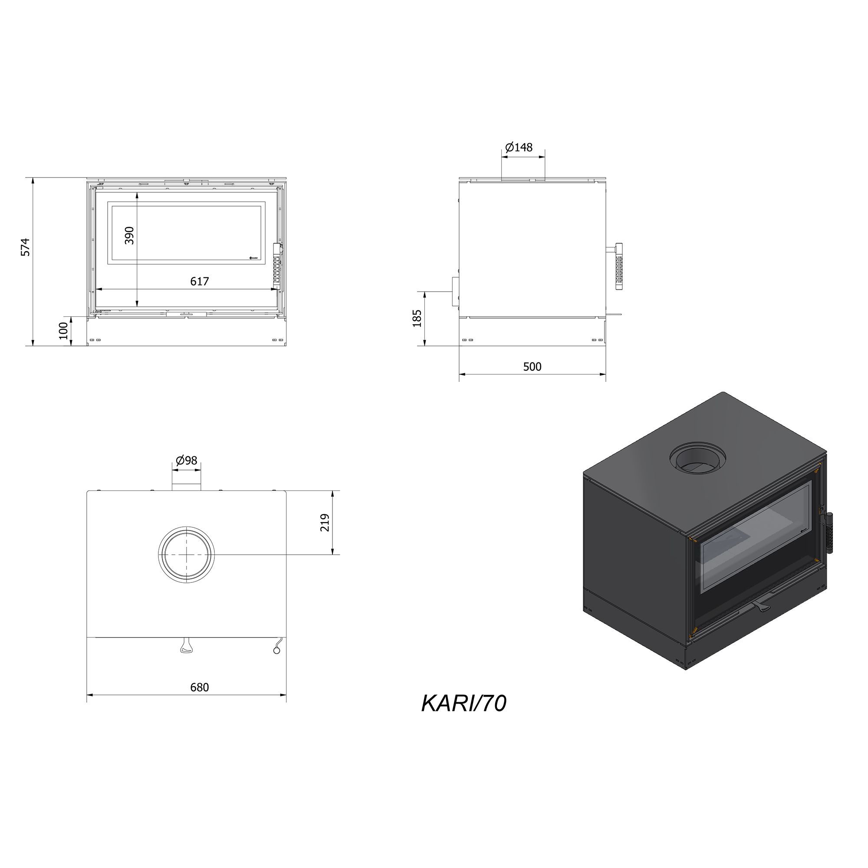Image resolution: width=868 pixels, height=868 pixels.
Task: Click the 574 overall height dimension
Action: pyautogui.click(x=26, y=247)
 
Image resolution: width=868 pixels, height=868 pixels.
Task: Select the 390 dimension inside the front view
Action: pyautogui.click(x=129, y=235)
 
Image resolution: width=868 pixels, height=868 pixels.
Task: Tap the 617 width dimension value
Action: pyautogui.click(x=200, y=281)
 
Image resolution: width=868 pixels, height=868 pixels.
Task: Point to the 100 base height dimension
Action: pyautogui.click(x=64, y=331)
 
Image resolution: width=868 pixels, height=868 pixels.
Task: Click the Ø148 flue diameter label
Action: pyautogui.click(x=519, y=148)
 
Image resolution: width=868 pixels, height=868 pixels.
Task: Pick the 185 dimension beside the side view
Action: pyautogui.click(x=418, y=318)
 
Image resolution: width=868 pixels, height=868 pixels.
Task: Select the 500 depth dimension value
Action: pyautogui.click(x=533, y=367)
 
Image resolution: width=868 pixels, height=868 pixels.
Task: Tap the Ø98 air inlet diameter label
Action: pyautogui.click(x=187, y=460)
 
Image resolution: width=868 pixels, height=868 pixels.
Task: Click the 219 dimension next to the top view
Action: pyautogui.click(x=325, y=523)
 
